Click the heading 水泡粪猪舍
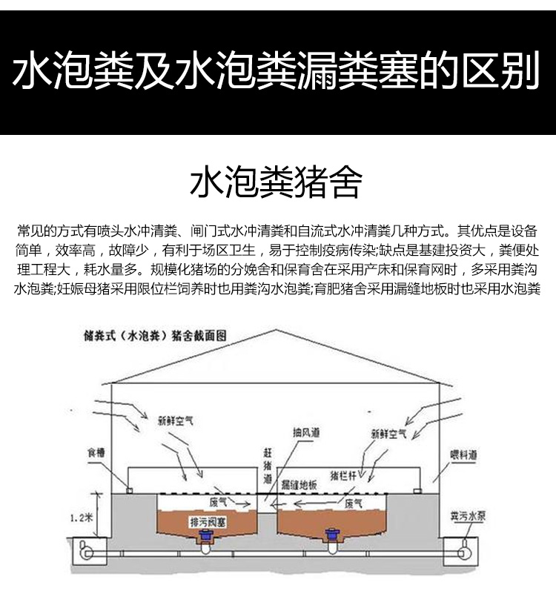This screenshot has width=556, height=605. click(x=277, y=182)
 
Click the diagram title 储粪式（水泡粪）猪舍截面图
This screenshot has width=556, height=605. click(x=155, y=336)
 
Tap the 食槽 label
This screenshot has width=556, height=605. click(x=96, y=452)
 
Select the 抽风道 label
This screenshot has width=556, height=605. click(x=306, y=432)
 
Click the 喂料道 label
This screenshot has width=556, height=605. click(x=463, y=455)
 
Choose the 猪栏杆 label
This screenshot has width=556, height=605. click(x=343, y=476)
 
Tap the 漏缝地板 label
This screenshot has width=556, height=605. click(x=299, y=485)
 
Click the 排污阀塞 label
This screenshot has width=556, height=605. click(x=208, y=523)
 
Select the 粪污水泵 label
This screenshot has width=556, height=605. click(x=468, y=516)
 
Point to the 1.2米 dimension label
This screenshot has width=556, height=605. click(x=82, y=518)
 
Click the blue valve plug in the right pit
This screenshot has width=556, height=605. click(x=331, y=535)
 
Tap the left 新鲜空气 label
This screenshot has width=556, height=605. click(x=176, y=420)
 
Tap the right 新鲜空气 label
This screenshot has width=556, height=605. click(x=388, y=434)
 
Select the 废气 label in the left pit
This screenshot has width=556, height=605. click(x=219, y=502)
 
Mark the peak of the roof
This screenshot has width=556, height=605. click(x=276, y=330)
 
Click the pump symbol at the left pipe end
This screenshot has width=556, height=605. click(x=85, y=551)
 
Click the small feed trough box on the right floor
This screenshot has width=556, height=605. click(x=417, y=491)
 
